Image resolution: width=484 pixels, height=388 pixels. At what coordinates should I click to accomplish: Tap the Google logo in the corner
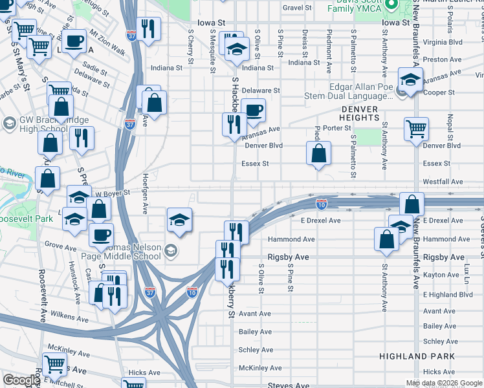(x=21, y=380)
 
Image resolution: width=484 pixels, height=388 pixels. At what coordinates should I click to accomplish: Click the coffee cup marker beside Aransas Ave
(x=253, y=110)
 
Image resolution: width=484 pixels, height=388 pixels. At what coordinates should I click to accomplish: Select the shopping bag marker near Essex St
(x=318, y=154)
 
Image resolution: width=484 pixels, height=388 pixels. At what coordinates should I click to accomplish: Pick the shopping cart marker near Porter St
(x=416, y=127)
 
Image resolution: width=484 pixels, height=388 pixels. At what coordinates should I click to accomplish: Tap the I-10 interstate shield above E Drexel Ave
(x=321, y=204)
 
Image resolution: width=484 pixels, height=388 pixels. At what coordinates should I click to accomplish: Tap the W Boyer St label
(x=113, y=193)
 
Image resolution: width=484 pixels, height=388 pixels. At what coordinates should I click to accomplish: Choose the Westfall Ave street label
(x=443, y=182)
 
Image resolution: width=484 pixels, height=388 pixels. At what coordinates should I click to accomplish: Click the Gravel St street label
(x=297, y=8)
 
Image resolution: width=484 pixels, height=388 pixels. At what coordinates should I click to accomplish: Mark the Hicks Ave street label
(x=144, y=372)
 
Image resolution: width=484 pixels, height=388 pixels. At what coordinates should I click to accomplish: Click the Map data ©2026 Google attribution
(x=444, y=383)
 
